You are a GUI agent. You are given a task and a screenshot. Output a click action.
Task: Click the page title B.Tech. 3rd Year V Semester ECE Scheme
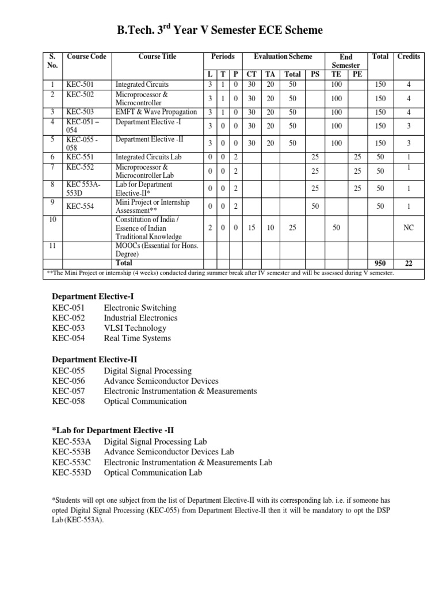click(220, 30)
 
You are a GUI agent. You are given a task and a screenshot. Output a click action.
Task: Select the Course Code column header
click(86, 57)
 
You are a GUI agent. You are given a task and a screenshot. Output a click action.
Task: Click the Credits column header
click(409, 57)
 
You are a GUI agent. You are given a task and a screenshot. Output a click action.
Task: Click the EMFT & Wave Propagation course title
click(156, 112)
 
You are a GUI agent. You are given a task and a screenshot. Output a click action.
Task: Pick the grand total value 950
click(380, 263)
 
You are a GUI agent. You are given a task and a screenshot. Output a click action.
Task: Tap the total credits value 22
click(409, 263)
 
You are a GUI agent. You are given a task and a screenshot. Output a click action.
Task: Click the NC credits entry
click(409, 228)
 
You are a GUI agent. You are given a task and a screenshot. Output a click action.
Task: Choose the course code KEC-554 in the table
click(80, 206)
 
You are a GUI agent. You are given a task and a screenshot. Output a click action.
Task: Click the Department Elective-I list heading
click(93, 296)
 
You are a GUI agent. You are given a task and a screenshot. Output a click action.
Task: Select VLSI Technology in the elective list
click(135, 328)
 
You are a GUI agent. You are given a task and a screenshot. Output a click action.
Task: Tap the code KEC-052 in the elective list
click(68, 318)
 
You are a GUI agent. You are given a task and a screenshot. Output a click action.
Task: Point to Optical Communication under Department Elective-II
click(145, 401)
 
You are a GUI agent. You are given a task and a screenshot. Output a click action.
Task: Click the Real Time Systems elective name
click(137, 338)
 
